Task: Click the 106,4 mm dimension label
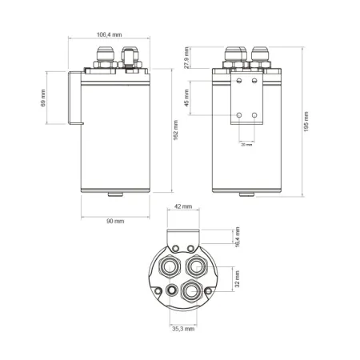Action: [x=109, y=35]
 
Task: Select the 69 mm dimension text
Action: [x=43, y=98]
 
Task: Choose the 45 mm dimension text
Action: [x=186, y=98]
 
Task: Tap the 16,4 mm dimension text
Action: [x=236, y=237]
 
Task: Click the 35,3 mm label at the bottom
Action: [x=182, y=328]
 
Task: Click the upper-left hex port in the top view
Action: [x=171, y=264]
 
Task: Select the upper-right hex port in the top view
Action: [x=195, y=263]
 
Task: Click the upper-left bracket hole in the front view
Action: [x=239, y=81]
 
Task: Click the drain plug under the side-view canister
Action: [x=113, y=194]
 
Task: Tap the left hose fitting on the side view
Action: [x=105, y=58]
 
